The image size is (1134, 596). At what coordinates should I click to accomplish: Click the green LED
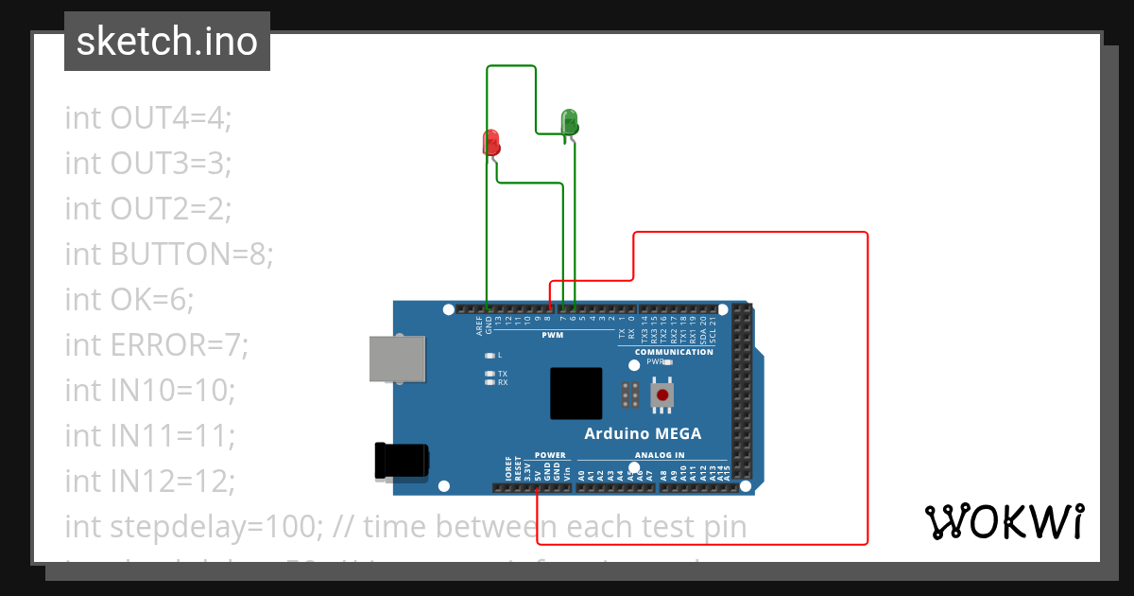[569, 122]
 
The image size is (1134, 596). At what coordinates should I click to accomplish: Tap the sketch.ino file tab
[167, 42]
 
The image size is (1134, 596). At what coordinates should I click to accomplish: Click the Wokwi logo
[1004, 521]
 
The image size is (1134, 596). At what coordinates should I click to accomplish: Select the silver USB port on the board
[398, 359]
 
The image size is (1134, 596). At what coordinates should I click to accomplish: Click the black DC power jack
[402, 460]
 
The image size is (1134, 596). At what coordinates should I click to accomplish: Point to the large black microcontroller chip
[576, 394]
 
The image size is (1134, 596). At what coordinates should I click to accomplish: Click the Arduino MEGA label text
[643, 434]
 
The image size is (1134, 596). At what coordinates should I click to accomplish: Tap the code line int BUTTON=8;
[169, 254]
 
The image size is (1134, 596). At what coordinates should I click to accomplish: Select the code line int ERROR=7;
[157, 345]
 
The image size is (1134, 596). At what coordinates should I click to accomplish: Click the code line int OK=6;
[129, 299]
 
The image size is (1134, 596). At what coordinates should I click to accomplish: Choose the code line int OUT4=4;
[148, 117]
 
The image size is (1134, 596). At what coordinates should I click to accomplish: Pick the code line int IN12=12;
[149, 482]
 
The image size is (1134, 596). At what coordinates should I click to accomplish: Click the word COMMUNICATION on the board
[674, 352]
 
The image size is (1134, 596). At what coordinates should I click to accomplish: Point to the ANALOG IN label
[659, 455]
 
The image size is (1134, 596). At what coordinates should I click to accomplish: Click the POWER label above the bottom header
[550, 455]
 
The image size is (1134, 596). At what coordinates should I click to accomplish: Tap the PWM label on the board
[553, 335]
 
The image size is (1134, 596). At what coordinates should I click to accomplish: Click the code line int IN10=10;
[149, 390]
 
